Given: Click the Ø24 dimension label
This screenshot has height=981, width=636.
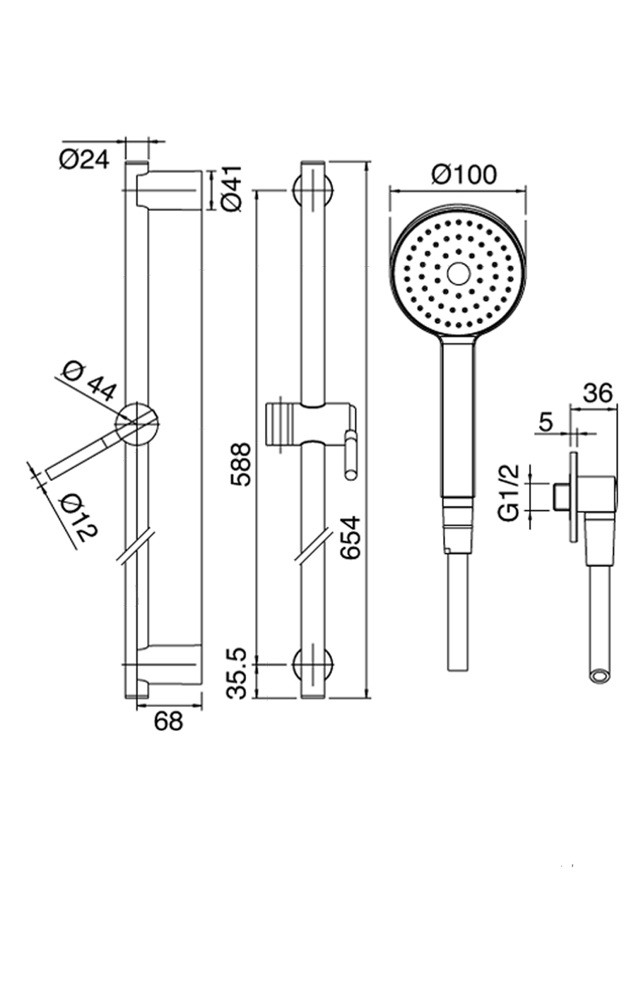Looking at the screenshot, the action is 83,160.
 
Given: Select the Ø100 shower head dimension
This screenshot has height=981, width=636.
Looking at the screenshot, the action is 464,174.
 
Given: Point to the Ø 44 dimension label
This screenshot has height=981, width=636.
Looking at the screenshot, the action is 90,381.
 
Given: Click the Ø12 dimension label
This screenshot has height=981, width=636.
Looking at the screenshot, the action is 79,518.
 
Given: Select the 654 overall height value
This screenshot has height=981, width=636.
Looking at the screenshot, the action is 351,537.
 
